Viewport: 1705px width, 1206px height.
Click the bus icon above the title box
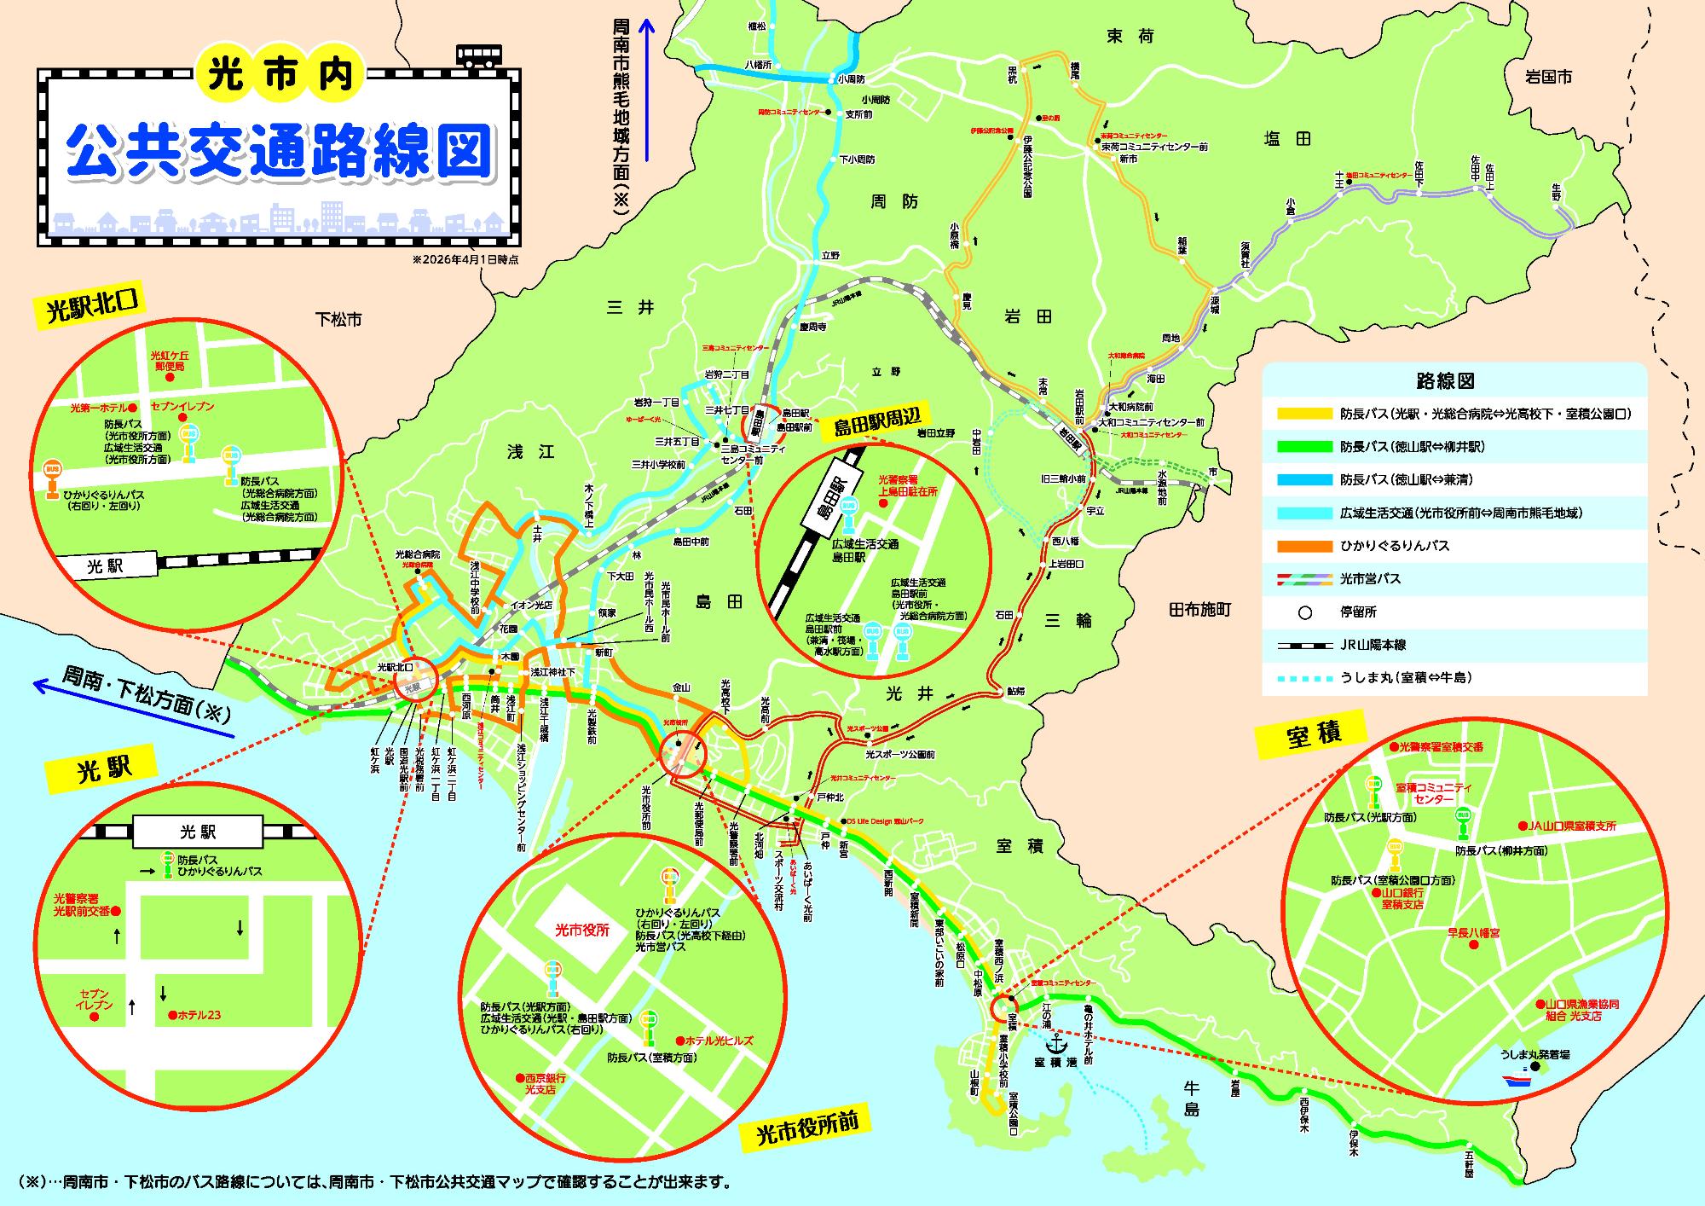click(x=479, y=55)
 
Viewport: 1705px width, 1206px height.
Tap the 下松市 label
click(x=338, y=320)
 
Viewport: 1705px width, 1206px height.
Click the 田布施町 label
click(x=1199, y=609)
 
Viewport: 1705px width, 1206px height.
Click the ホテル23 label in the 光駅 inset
click(x=199, y=1015)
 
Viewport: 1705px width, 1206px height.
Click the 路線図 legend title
click(x=1454, y=381)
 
